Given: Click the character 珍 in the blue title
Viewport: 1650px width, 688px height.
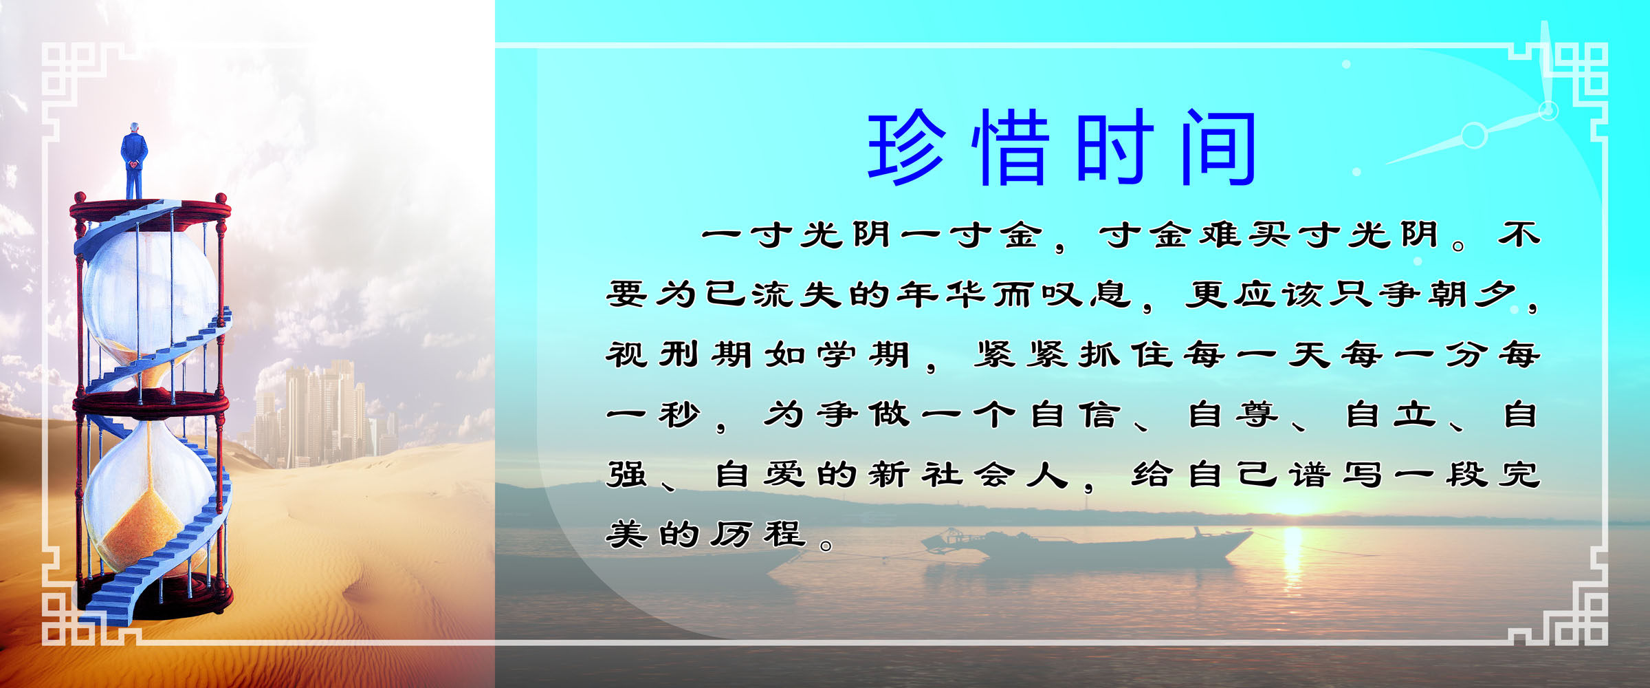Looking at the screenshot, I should click(907, 147).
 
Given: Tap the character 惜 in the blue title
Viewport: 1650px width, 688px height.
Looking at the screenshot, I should click(1011, 147).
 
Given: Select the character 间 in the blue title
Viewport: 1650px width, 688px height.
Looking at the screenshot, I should click(1219, 147).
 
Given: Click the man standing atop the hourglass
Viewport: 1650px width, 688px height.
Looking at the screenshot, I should click(134, 161).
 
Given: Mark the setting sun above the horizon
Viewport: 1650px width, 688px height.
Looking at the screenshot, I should click(1292, 506).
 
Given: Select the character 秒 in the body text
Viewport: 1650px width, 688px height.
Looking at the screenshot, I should click(679, 415).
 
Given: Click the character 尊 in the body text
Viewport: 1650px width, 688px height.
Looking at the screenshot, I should click(1257, 415).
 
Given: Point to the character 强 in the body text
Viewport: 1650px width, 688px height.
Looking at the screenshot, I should click(626, 475).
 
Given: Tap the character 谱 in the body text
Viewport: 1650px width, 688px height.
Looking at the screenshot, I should click(1310, 475).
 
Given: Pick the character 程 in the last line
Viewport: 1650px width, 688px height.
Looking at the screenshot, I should click(784, 535).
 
